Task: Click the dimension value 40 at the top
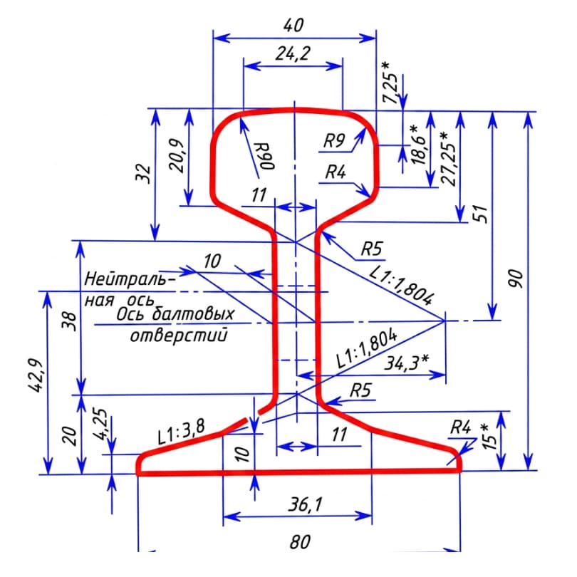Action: click(293, 25)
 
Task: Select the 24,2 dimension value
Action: click(293, 53)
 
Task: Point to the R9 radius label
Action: click(334, 140)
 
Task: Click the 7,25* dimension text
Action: click(390, 83)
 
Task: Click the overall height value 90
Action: click(516, 279)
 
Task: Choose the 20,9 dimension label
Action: click(176, 155)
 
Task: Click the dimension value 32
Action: click(143, 174)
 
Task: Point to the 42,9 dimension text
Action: click(36, 375)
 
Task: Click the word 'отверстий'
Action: click(180, 336)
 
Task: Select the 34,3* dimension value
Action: click(407, 363)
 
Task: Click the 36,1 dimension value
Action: click(305, 504)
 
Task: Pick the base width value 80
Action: click(300, 542)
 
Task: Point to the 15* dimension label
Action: click(489, 437)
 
